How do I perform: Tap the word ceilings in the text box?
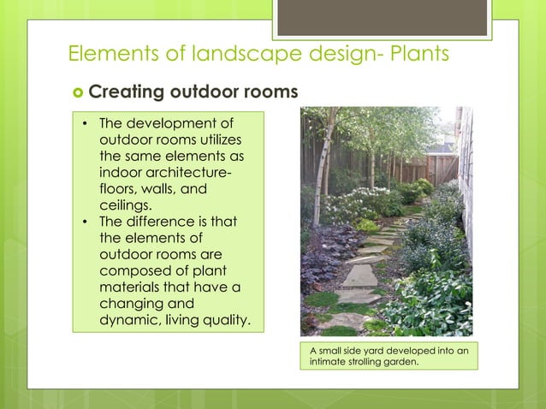click(x=126, y=205)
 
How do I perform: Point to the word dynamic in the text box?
click(x=129, y=321)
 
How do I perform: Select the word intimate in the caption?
click(x=329, y=362)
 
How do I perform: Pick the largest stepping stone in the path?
click(x=359, y=276)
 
